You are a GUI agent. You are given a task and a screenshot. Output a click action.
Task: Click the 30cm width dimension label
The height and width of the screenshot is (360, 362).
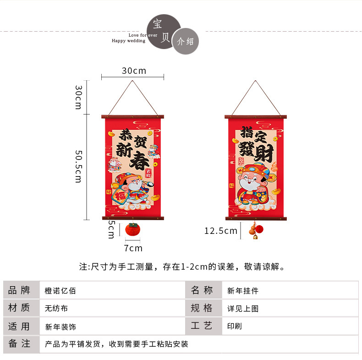point(134,71)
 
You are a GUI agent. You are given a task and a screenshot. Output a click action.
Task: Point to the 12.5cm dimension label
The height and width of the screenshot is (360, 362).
point(221,231)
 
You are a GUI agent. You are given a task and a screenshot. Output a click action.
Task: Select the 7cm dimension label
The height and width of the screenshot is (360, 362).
point(133,248)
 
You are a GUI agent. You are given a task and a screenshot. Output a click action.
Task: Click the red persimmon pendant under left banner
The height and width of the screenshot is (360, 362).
point(132,230)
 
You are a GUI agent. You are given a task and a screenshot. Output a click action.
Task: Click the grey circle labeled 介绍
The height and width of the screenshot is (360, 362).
point(186,41)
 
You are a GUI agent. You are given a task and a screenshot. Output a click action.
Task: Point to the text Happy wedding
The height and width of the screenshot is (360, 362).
point(128,41)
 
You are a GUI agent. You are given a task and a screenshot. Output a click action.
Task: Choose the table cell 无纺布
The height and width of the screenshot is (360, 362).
point(56,309)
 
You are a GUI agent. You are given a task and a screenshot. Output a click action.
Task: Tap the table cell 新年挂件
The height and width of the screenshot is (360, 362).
point(243,291)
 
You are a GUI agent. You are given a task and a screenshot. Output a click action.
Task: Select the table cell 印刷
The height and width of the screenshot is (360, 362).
point(235,327)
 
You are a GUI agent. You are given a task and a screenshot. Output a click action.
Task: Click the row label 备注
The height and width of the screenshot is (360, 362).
point(20,343)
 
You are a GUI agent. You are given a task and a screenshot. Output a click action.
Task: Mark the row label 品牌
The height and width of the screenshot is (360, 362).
point(20,290)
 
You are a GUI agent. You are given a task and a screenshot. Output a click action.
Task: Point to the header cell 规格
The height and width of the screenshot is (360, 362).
point(202,308)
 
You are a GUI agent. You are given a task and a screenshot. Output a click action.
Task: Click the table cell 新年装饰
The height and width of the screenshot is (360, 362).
point(60,327)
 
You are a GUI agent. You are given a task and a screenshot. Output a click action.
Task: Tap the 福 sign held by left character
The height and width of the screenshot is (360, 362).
point(120,196)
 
